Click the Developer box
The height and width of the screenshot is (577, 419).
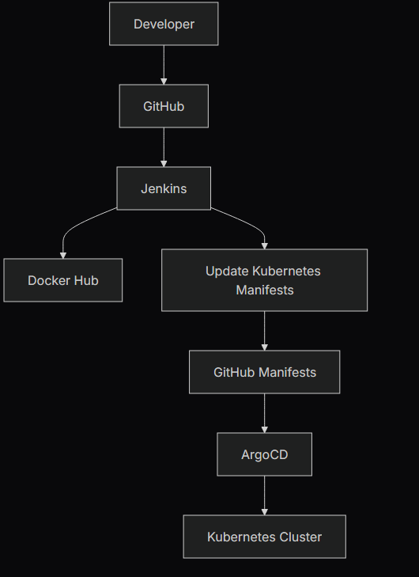tap(164, 24)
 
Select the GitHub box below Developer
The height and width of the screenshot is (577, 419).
tap(164, 106)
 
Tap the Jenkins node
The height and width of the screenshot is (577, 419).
tap(164, 188)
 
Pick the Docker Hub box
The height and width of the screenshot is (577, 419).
tap(63, 280)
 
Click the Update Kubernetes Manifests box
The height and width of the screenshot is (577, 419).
tap(264, 280)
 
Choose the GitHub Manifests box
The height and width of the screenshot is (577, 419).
tap(264, 372)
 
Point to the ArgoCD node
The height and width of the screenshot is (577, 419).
tap(264, 454)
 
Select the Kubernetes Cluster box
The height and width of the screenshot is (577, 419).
tap(264, 537)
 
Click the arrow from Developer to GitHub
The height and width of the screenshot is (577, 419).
tap(164, 64)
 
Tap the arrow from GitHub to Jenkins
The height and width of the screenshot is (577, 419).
tap(164, 146)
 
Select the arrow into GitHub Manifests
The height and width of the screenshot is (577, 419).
tap(264, 330)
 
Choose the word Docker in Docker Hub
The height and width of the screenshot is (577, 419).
tap(48, 280)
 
